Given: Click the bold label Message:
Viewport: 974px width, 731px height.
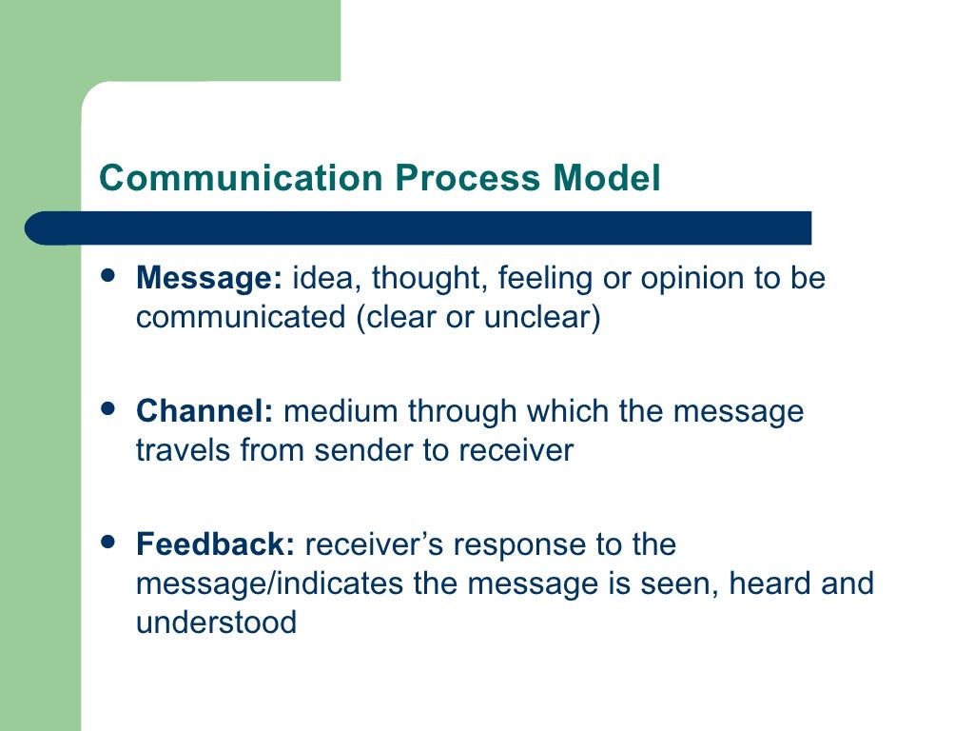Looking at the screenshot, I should (209, 279).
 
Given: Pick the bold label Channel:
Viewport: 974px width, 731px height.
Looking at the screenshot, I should (205, 412).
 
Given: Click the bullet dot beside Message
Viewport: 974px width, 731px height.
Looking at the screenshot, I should (108, 276).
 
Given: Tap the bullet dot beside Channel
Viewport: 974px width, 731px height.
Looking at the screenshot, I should (108, 409).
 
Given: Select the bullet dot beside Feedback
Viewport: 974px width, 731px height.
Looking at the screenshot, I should (108, 543).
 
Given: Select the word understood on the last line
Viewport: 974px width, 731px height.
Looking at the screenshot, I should (216, 622).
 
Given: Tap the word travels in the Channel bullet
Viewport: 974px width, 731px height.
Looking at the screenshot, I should (184, 450).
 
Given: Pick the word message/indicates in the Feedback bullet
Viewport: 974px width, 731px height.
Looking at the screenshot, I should (271, 583).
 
